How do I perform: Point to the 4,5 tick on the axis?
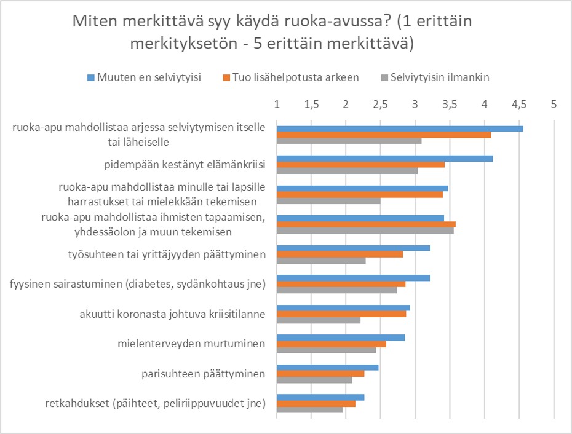pos(519,104)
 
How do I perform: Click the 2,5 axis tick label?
pos(380,104)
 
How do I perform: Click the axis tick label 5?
pos(554,104)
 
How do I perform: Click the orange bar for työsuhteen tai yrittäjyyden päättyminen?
pos(340,254)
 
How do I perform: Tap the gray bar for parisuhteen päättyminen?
pos(314,379)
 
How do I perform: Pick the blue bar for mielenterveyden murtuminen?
pos(341,337)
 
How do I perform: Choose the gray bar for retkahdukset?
pos(309,409)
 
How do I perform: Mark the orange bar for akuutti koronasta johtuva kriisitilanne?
pos(341,314)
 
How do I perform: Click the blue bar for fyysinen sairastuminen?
pos(353,278)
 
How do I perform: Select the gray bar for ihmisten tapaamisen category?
pos(365,231)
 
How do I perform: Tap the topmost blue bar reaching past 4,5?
pos(400,128)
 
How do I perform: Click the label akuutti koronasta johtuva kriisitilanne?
pos(172,314)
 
